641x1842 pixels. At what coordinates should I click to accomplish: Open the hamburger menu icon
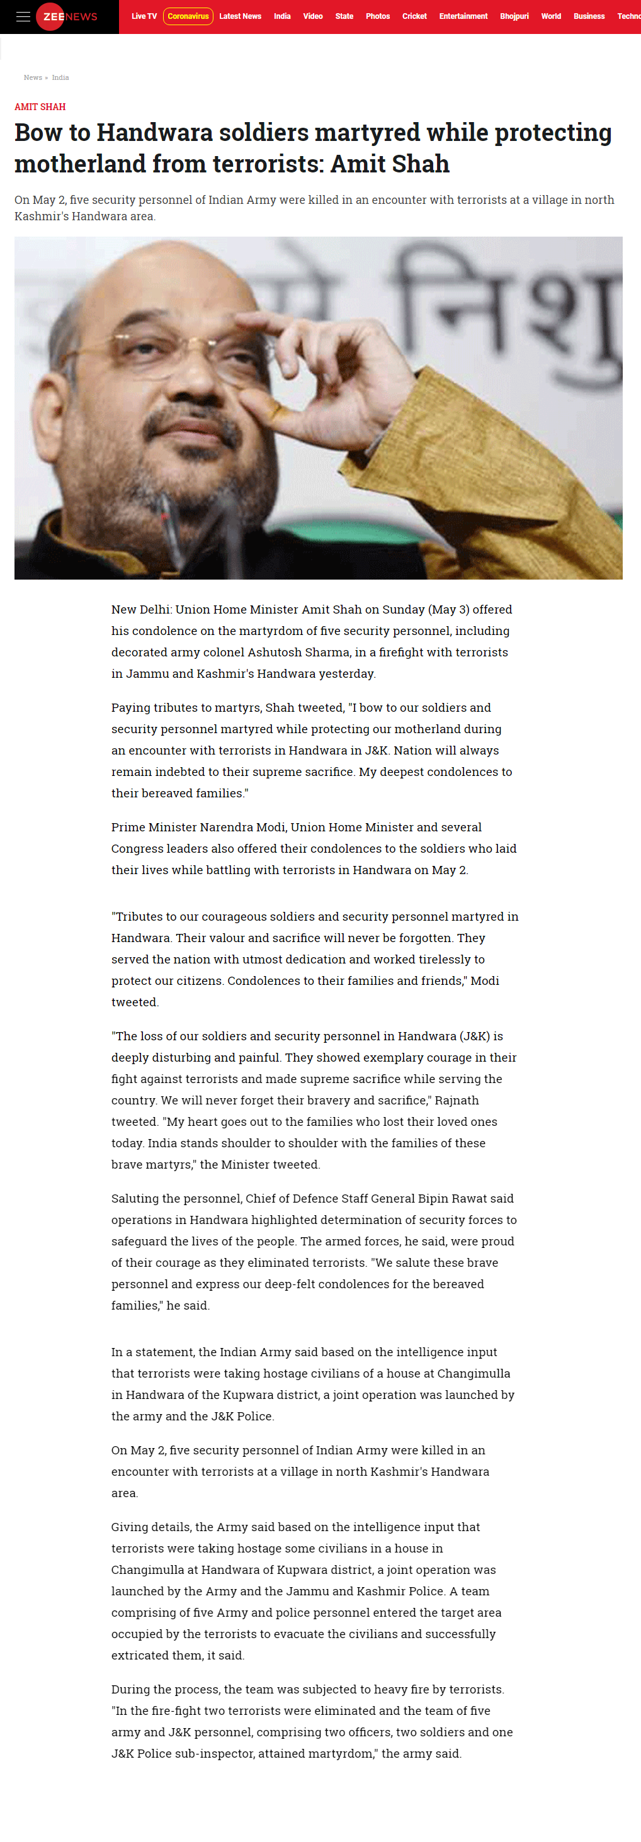click(x=23, y=16)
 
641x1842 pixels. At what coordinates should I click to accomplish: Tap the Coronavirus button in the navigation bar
click(x=188, y=16)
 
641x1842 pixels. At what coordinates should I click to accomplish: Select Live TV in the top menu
click(x=144, y=16)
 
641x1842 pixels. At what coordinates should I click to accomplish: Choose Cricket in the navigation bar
click(x=414, y=16)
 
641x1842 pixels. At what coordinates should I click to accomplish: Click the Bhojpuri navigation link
click(x=514, y=16)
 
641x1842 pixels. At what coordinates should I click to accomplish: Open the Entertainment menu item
click(x=463, y=16)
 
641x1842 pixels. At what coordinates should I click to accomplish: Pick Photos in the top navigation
click(x=378, y=16)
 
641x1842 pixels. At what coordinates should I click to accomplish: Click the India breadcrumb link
click(x=60, y=77)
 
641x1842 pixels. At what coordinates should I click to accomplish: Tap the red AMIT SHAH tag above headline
click(x=40, y=106)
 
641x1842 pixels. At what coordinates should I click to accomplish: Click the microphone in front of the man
click(x=168, y=529)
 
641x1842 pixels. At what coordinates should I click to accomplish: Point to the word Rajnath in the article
click(x=457, y=1100)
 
